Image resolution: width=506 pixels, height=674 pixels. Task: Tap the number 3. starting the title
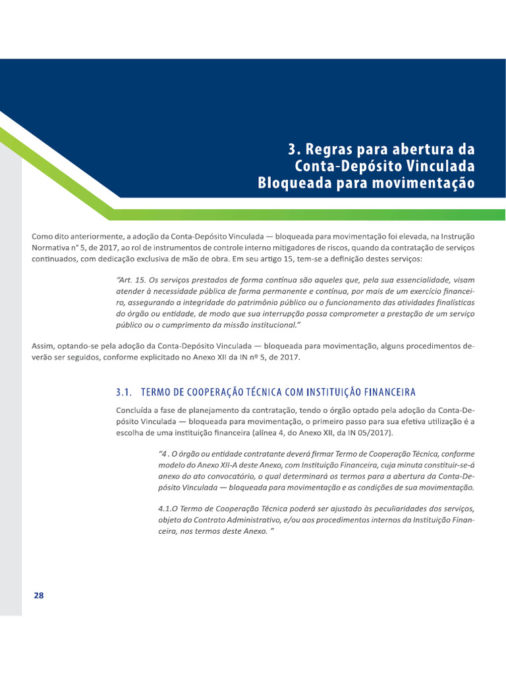(293, 149)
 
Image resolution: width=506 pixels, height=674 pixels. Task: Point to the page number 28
(38, 595)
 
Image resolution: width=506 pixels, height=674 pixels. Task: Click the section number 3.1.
(125, 393)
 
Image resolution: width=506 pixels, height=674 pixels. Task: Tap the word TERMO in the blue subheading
(159, 393)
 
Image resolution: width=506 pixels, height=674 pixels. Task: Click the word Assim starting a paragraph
(43, 346)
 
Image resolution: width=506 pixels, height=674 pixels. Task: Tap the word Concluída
(136, 409)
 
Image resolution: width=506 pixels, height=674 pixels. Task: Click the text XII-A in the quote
(229, 465)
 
